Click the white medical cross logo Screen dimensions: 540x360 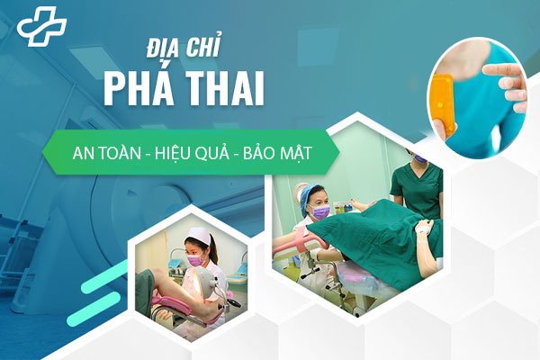(x=41, y=26)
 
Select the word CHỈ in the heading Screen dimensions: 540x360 (x=202, y=46)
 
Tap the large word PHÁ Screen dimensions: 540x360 (x=139, y=88)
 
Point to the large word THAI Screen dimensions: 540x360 (x=225, y=88)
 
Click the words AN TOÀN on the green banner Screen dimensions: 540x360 (x=107, y=152)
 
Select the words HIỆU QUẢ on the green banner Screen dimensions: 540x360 (x=192, y=153)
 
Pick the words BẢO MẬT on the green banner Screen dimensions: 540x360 (x=277, y=153)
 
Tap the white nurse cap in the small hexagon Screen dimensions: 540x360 (x=200, y=235)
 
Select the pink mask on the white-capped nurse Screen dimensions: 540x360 (x=196, y=260)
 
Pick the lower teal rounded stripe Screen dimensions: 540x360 (x=94, y=310)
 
